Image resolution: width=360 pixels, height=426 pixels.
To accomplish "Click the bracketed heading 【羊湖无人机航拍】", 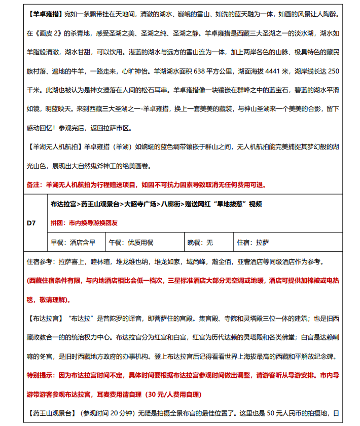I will click(53, 147).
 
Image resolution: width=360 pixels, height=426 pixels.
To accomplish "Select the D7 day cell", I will click(31, 222).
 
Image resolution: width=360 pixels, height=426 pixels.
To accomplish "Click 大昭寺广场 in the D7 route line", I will click(142, 205).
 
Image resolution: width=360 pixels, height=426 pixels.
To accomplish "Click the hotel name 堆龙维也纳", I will click(133, 262).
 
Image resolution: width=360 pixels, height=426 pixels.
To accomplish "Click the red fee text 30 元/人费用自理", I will click(172, 394).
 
